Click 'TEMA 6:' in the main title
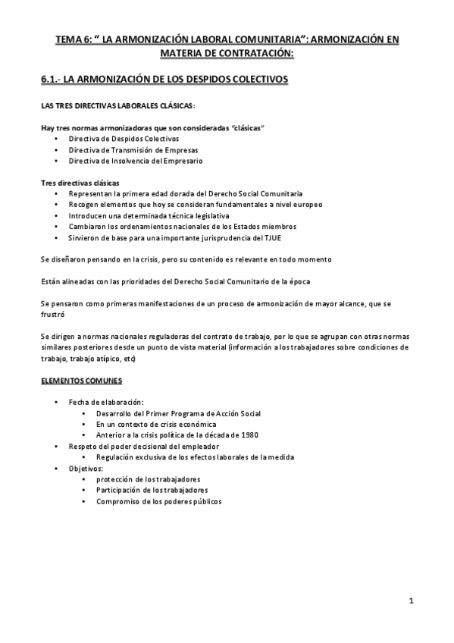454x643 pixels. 74,39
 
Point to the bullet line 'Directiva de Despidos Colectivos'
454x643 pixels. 124,139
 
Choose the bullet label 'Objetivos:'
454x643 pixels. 86,468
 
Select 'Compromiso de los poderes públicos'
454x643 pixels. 159,501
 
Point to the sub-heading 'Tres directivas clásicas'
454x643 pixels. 79,183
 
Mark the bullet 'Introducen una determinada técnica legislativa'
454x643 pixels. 149,215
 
